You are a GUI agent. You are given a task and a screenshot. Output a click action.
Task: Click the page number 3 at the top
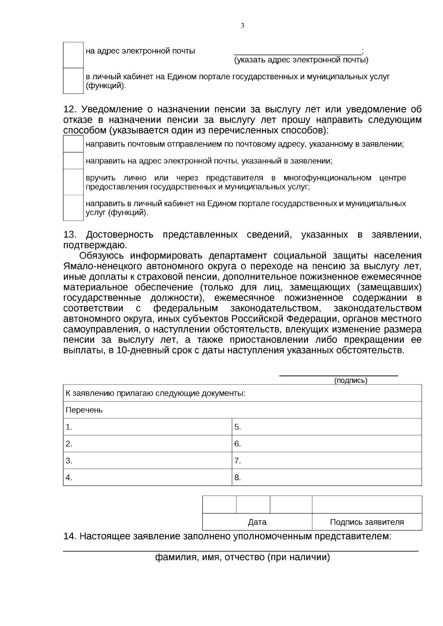242,26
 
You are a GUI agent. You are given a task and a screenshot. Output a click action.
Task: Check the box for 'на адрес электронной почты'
73,55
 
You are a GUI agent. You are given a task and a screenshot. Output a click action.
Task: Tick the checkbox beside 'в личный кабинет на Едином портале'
73,81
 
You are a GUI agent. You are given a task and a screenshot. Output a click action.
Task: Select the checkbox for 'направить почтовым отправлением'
73,144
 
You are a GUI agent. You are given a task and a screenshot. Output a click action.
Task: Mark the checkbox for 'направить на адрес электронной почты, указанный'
73,161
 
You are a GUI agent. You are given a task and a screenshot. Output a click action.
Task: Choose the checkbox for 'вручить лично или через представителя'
73,182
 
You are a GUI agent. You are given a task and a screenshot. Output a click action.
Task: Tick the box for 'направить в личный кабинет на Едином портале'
73,208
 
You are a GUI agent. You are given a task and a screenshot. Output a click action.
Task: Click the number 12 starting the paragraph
69,110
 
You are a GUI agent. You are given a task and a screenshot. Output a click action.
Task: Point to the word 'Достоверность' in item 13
120,235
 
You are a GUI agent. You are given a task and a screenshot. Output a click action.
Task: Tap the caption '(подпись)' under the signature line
350,381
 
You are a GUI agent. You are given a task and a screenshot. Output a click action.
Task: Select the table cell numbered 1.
147,427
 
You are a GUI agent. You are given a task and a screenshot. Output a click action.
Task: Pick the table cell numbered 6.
326,444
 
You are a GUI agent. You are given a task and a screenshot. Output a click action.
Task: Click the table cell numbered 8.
326,477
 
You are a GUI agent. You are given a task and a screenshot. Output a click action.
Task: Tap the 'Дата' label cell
257,522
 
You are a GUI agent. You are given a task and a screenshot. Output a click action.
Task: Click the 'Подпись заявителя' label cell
367,522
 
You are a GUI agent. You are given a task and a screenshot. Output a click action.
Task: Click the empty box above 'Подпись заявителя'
367,505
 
